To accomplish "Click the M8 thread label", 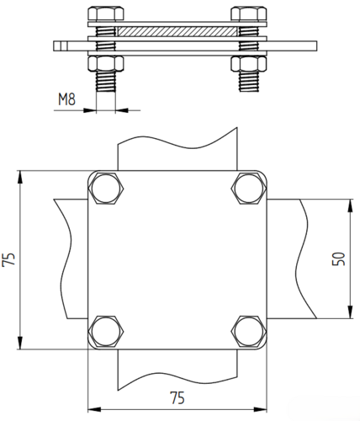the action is (66, 99).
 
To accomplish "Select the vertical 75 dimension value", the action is (8, 259).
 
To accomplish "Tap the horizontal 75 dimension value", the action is (177, 397).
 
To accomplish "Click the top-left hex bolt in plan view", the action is (106, 189).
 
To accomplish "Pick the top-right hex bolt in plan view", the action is (249, 189).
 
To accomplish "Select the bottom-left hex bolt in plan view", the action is (106, 331).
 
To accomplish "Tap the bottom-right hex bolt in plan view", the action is (249, 331).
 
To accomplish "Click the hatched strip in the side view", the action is (177, 31).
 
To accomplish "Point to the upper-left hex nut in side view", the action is (106, 13).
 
